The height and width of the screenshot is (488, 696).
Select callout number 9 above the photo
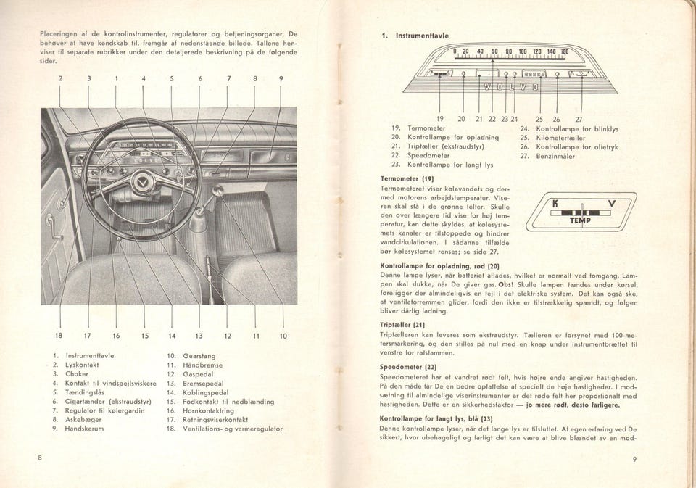tap(281, 78)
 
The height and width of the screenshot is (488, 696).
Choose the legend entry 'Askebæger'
tap(83, 419)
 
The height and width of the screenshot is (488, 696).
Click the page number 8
tap(42, 458)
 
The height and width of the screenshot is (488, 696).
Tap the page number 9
tap(634, 458)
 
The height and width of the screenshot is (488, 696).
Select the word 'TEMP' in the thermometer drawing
tap(580, 220)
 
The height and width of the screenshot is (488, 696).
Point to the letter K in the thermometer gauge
tap(554, 205)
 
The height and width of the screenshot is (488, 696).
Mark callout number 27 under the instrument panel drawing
tap(578, 119)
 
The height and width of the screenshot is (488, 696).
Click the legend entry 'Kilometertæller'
tap(568, 137)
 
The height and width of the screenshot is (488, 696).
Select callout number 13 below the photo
tap(197, 336)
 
